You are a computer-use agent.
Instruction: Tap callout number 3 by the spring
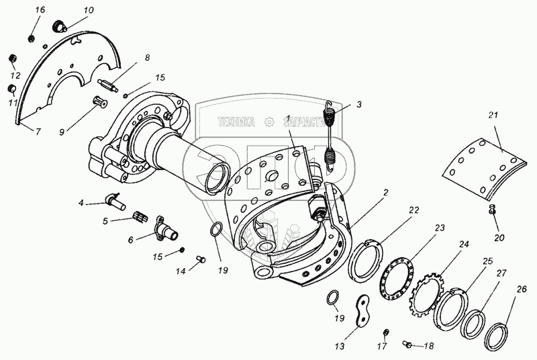359,105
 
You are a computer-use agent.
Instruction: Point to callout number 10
89,11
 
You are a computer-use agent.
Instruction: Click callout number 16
40,9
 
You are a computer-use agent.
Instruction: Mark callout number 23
440,228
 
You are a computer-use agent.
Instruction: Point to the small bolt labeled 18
407,345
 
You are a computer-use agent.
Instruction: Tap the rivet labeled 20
493,210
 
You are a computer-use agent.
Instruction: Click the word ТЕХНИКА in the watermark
236,122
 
